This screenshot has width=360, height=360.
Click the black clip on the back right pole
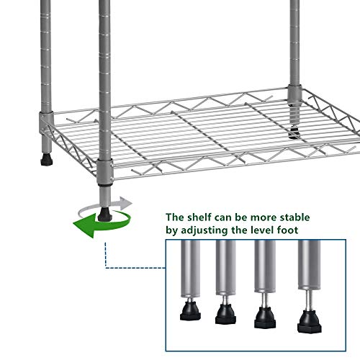pos(294,130)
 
